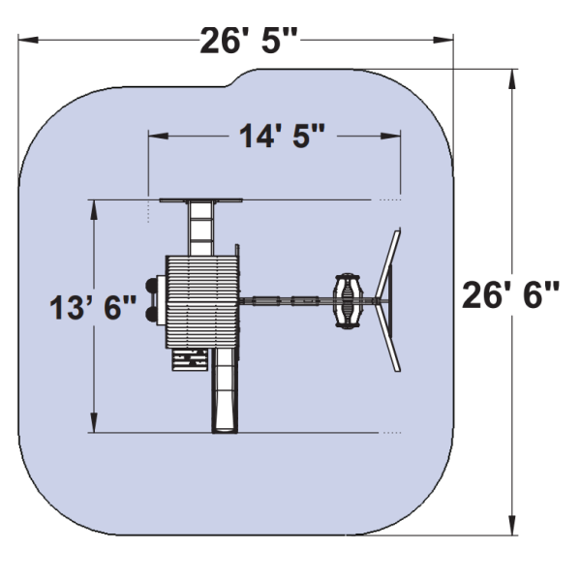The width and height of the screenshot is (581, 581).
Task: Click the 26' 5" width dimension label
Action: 249,40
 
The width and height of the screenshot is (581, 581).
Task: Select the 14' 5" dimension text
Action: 282,136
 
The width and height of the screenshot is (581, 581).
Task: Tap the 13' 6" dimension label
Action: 93,307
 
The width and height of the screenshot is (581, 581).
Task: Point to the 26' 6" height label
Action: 511,294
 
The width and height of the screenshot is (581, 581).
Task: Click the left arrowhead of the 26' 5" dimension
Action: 28,40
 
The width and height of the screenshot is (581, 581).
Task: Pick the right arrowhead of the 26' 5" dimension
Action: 443,40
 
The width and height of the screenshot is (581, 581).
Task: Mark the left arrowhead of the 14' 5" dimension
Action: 158,136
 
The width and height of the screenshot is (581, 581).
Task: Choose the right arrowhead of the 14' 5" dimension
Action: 390,136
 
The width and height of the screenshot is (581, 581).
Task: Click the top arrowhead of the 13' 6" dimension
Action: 94,210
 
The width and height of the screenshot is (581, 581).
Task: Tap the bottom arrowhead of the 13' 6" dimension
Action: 94,422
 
